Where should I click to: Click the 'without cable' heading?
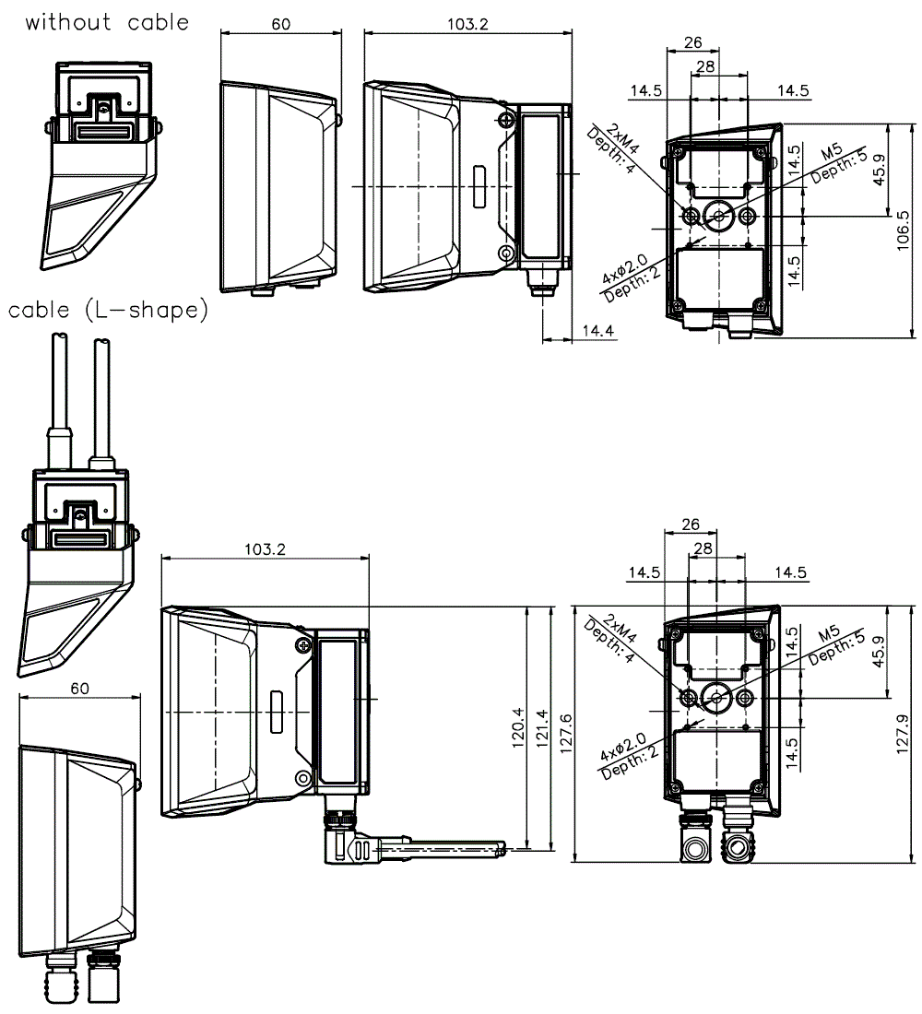coord(107,22)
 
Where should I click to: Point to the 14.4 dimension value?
coord(597,329)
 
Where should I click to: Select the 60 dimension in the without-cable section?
coord(280,24)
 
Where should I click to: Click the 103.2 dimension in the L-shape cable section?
coord(265,548)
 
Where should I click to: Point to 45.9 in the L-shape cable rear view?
coord(878,652)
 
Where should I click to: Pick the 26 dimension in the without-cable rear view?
coord(692,42)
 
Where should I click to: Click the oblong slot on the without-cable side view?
coord(479,185)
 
